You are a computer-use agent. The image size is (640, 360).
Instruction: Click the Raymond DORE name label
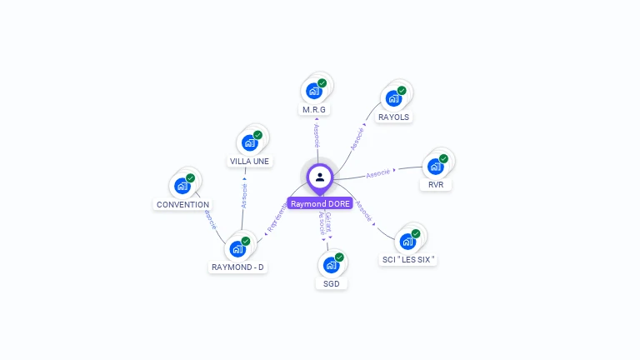[x=320, y=203]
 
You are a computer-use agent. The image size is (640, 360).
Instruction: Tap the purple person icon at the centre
[x=320, y=177]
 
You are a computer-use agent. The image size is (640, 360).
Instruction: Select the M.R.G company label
[x=314, y=110]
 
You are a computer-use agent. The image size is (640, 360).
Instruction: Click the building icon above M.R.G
[x=314, y=90]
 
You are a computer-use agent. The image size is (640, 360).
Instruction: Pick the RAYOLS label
[x=394, y=117]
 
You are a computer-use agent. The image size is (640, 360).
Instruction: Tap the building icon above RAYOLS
[x=394, y=98]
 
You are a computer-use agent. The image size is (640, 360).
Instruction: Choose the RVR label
[x=436, y=185]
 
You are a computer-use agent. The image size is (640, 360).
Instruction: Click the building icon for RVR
[x=435, y=166]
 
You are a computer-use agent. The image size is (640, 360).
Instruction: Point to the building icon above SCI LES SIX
[x=407, y=241]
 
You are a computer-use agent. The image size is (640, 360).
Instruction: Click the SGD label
[x=332, y=284]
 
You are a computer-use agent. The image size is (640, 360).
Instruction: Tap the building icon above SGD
[x=332, y=265]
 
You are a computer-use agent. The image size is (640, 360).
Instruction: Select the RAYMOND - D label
[x=238, y=267]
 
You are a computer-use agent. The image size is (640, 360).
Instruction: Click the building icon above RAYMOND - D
[x=238, y=248]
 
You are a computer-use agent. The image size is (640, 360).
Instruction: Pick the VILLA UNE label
[x=250, y=162]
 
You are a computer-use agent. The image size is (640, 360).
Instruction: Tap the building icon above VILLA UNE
[x=250, y=142]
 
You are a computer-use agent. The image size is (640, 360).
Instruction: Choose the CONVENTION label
[x=183, y=204]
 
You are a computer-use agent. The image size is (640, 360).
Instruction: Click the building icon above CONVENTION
[x=182, y=185]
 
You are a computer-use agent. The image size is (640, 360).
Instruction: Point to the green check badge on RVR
[x=443, y=158]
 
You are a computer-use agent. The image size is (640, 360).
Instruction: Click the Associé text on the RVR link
[x=378, y=173]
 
